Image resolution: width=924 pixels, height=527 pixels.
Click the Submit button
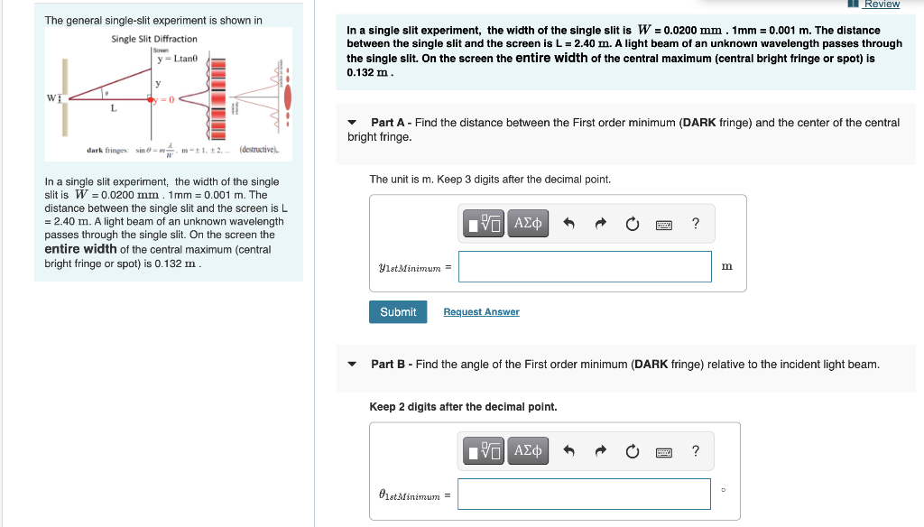(398, 312)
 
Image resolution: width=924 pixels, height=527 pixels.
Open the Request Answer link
(481, 312)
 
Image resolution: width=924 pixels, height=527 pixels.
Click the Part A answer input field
(585, 266)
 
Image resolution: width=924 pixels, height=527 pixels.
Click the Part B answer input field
(585, 494)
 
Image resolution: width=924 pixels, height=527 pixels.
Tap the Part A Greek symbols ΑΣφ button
(528, 224)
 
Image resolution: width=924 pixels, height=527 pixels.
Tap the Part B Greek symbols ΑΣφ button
(528, 451)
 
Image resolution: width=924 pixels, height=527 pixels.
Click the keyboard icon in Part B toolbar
(663, 451)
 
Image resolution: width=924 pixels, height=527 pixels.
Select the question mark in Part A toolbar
(695, 224)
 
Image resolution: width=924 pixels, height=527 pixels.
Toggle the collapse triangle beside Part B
(353, 365)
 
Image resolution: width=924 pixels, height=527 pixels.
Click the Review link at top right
(881, 5)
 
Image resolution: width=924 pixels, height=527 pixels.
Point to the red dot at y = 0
(152, 100)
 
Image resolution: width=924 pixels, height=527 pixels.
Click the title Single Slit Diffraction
(154, 39)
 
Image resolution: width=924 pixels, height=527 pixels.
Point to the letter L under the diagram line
(113, 108)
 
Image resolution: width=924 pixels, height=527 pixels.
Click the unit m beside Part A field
(727, 266)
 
